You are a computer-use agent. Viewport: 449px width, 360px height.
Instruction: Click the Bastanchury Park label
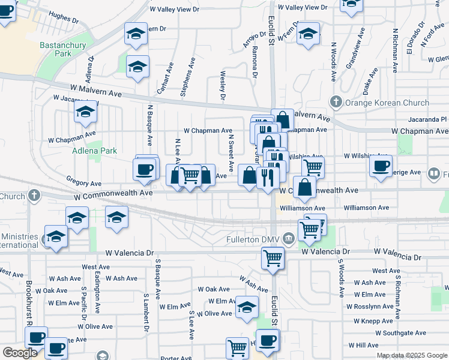point(64,49)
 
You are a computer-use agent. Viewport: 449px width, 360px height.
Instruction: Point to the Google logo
point(20,353)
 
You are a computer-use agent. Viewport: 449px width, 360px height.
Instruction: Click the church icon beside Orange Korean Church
point(336,102)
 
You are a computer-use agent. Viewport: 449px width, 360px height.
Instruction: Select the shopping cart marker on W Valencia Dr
point(273,258)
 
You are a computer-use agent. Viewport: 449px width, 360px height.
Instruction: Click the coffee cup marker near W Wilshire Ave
point(381,166)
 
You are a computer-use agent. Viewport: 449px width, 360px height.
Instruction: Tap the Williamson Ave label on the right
point(366,208)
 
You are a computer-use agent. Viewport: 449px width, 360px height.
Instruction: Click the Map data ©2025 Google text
point(412,355)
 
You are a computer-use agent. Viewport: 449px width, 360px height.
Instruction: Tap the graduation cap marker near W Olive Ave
point(246,307)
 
